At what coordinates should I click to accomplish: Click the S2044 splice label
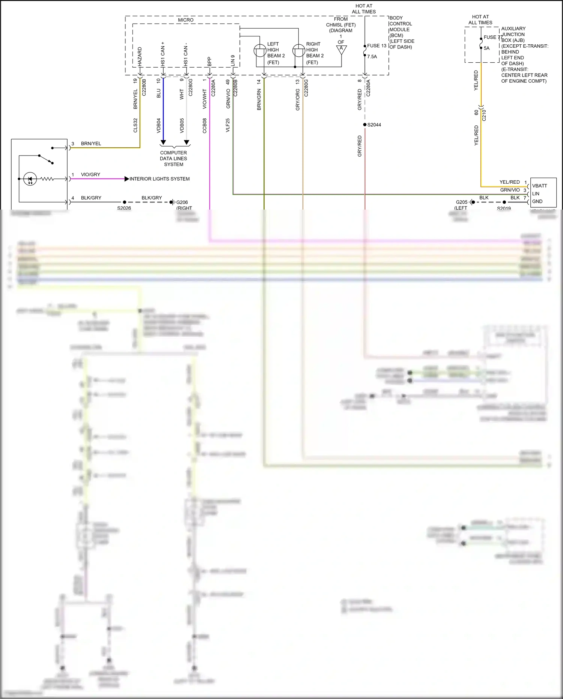pos(374,125)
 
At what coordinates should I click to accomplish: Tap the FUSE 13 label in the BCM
pos(376,46)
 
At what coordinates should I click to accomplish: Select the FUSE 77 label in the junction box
pos(493,37)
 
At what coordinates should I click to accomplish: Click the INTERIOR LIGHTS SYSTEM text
pos(160,179)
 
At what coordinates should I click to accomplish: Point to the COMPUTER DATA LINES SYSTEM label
pos(173,159)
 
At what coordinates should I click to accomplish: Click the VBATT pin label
pos(539,186)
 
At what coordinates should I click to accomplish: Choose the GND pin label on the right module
pos(537,201)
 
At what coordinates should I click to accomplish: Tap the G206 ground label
pos(182,202)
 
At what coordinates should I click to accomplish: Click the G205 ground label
pos(461,202)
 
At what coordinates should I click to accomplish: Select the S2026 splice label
pos(124,208)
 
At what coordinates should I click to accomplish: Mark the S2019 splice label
pos(504,208)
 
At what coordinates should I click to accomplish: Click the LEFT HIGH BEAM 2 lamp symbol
pos(260,51)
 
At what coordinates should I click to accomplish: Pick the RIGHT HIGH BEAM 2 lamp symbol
pos(299,51)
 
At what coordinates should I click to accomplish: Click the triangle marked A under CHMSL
pos(341,49)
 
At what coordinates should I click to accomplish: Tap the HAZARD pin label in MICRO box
pos(140,56)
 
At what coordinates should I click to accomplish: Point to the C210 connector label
pos(484,115)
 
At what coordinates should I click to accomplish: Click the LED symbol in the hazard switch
pos(30,179)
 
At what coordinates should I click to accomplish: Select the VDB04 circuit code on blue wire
pos(159,125)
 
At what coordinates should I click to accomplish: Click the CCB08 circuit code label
pos(205,125)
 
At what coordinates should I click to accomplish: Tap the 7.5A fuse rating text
pos(372,57)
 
